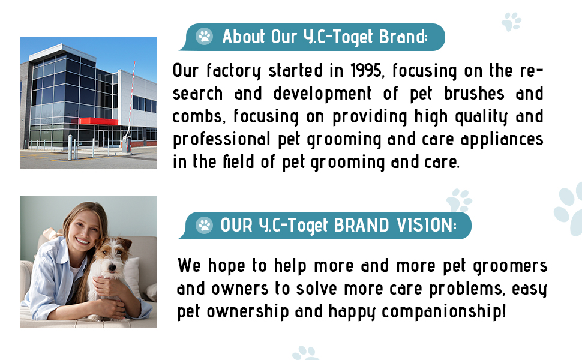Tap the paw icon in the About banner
(x=205, y=37)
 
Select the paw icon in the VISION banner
(x=205, y=226)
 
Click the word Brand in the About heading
(x=403, y=37)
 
